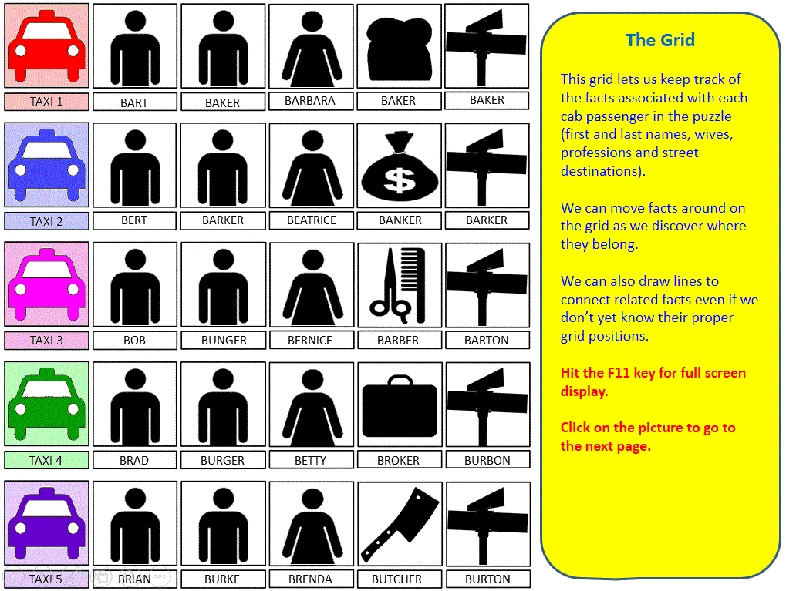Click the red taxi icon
coord(46,46)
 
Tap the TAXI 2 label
coord(46,221)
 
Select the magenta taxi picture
coord(46,284)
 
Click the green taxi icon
coord(46,404)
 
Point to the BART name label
coord(134,102)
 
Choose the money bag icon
coord(400,165)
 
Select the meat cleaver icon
coord(400,523)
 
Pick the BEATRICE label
coord(312,220)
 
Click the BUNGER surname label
coord(224,340)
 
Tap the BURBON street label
coord(487,460)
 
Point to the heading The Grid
coord(660,40)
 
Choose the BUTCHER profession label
coord(397,579)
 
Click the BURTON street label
coord(487,579)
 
